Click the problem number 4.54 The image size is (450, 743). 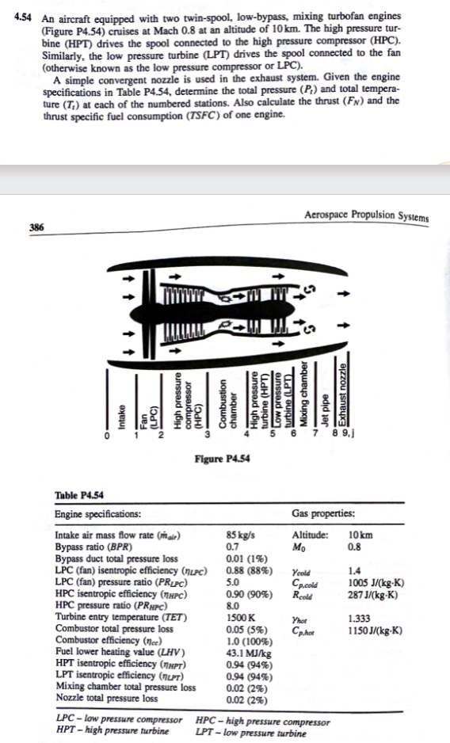click(x=12, y=17)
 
